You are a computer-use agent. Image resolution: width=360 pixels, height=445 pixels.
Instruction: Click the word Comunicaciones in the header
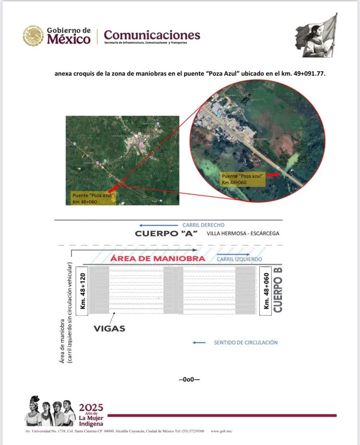152,35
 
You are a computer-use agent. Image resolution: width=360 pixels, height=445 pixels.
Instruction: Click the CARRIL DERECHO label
203,225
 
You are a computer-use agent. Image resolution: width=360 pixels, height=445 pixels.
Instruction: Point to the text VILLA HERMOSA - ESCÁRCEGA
243,234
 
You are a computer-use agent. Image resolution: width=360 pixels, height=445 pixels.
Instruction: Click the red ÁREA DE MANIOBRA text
157,258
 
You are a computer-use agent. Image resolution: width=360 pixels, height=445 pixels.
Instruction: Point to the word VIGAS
110,328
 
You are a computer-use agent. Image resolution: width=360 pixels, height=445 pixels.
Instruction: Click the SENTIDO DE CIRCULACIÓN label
246,342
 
